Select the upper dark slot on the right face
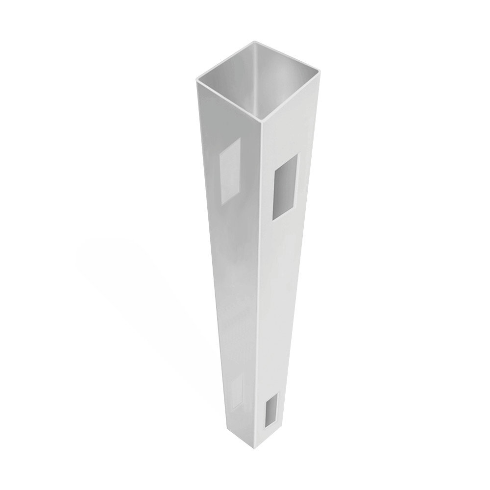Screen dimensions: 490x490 (286, 186)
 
